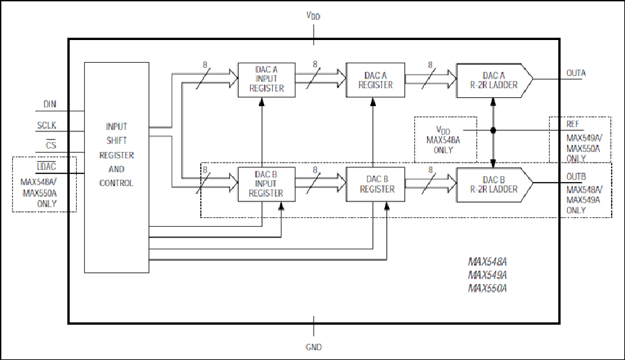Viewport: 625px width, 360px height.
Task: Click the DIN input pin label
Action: click(x=50, y=105)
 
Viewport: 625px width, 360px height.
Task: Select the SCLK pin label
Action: click(x=47, y=125)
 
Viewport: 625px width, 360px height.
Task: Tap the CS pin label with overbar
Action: click(x=51, y=145)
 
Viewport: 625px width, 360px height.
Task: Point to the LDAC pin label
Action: click(x=47, y=167)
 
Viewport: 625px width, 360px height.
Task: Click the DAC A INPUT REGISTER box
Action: click(x=267, y=79)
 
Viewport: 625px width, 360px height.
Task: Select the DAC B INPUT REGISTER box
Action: click(x=267, y=184)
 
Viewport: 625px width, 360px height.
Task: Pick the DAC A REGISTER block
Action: click(x=376, y=79)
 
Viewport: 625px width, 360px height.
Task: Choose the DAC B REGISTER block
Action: click(x=376, y=184)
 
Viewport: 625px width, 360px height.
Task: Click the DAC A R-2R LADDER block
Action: click(x=494, y=80)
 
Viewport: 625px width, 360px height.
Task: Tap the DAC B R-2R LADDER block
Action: click(x=494, y=185)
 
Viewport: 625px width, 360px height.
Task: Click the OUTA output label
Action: click(x=576, y=73)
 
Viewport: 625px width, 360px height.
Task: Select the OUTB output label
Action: click(x=576, y=177)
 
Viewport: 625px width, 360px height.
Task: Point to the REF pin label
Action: click(x=573, y=124)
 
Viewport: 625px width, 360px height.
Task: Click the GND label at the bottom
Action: click(x=314, y=347)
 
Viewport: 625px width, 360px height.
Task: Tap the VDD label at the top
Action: click(x=314, y=15)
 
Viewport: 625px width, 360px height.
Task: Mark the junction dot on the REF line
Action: click(x=493, y=130)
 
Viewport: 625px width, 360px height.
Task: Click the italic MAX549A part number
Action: click(x=488, y=275)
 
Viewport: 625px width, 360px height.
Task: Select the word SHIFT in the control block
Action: click(x=116, y=141)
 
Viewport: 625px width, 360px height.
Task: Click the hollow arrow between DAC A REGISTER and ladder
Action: click(x=430, y=79)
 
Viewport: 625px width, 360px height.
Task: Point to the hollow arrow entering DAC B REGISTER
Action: click(x=321, y=183)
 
